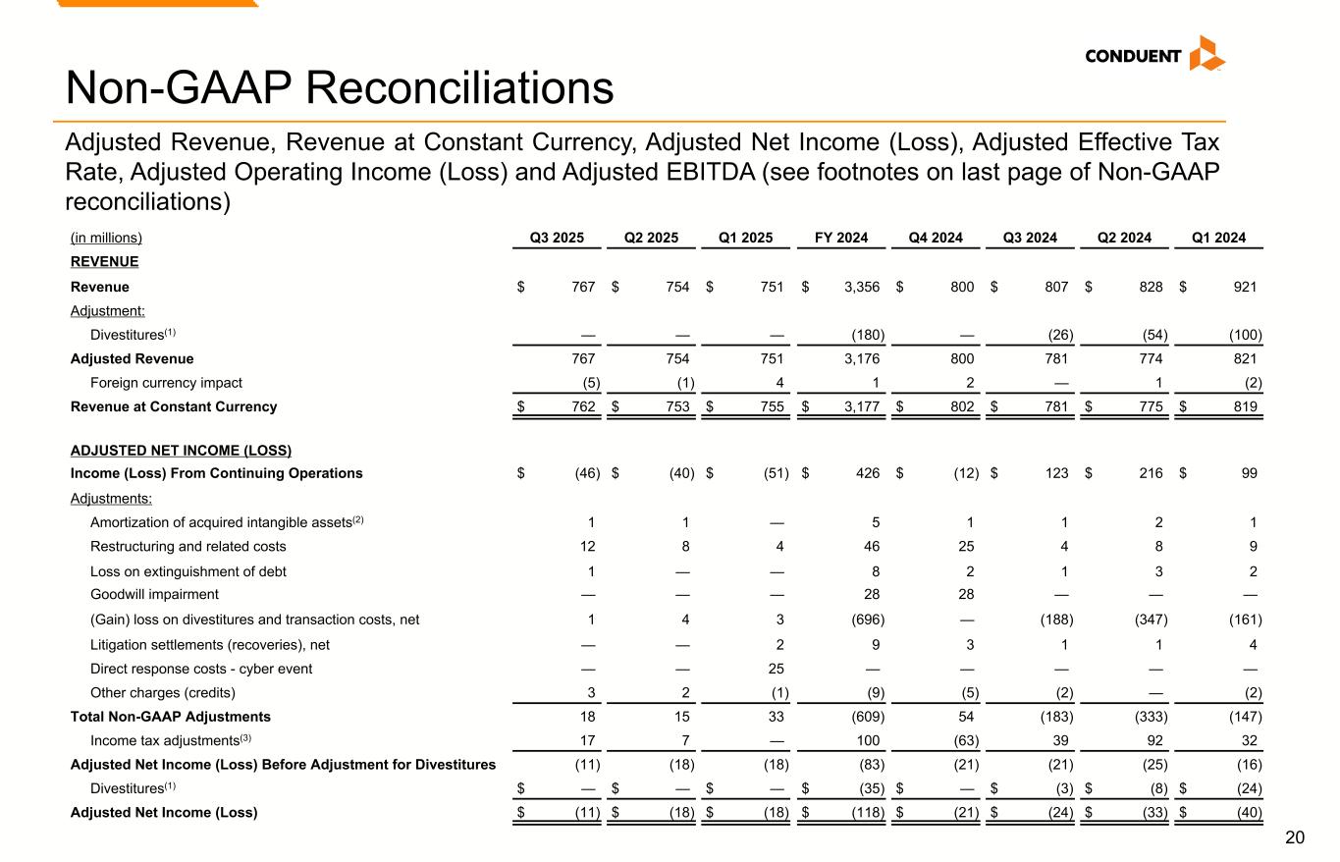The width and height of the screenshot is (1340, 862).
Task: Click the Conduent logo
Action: pyautogui.click(x=1154, y=55)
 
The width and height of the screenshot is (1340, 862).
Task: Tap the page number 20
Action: pyautogui.click(x=1295, y=837)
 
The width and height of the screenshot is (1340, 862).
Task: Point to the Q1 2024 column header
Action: pyautogui.click(x=1218, y=237)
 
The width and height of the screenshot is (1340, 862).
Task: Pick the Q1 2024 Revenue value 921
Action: pyautogui.click(x=1245, y=287)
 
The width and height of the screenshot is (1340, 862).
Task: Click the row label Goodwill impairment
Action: pyautogui.click(x=154, y=594)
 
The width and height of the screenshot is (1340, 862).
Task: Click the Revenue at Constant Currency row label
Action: pyautogui.click(x=174, y=406)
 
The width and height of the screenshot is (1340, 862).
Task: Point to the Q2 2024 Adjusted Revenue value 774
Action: pyautogui.click(x=1151, y=359)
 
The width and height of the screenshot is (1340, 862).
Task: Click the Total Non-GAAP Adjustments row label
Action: pyautogui.click(x=171, y=717)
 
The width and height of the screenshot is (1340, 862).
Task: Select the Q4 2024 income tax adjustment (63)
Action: pyautogui.click(x=963, y=740)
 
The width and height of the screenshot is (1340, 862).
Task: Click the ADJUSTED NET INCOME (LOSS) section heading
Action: pyautogui.click(x=181, y=451)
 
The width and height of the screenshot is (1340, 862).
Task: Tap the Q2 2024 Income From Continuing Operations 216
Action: pyautogui.click(x=1151, y=473)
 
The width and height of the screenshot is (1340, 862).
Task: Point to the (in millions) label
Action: pyautogui.click(x=106, y=237)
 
